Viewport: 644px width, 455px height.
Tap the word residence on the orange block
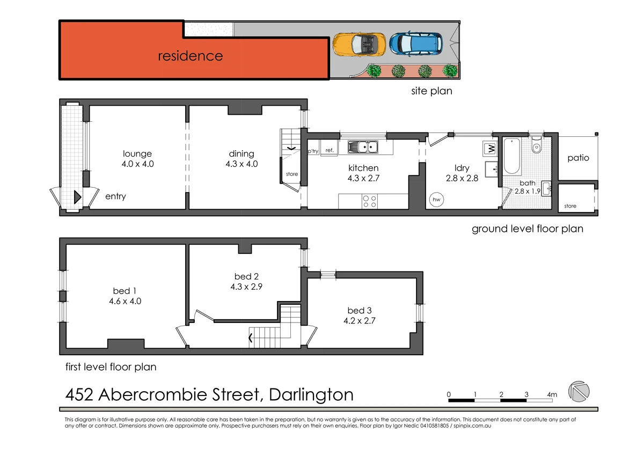point(190,56)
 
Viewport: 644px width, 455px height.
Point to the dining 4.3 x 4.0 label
point(241,159)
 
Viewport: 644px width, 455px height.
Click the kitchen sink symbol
point(363,146)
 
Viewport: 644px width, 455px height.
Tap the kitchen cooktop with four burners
point(370,201)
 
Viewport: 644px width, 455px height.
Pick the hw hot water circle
point(436,200)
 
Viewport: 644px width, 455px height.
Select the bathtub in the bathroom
point(511,157)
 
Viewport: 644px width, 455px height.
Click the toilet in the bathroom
point(536,146)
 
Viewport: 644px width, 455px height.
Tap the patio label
point(578,158)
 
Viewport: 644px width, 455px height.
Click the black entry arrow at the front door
point(77,196)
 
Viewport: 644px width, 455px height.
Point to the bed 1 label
point(125,296)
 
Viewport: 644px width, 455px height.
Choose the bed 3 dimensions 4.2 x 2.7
point(359,321)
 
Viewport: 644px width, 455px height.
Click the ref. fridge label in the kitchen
point(329,151)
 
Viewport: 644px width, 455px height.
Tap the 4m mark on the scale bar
point(552,395)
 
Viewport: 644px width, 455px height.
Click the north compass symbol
point(579,391)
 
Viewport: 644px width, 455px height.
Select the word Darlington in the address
point(311,395)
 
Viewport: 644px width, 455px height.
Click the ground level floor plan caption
point(527,229)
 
